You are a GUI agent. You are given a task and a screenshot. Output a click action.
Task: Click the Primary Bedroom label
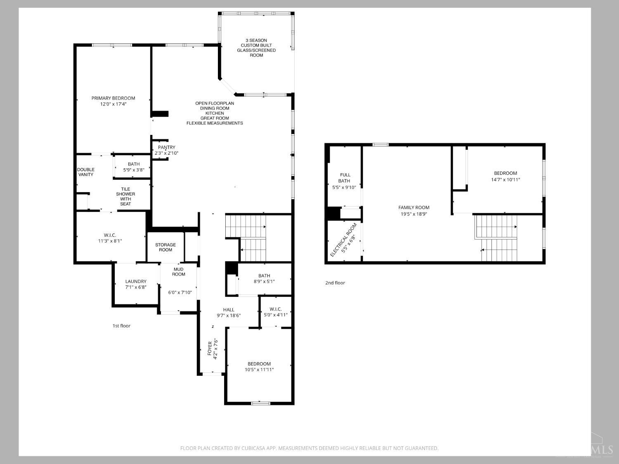[113, 98]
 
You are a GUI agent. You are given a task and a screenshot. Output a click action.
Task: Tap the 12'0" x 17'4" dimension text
[113, 104]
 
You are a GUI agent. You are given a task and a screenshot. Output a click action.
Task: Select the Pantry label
[166, 147]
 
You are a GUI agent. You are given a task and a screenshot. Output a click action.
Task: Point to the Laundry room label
[136, 281]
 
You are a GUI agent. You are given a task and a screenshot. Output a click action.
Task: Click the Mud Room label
[179, 271]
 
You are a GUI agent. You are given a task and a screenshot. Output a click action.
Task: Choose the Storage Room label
[165, 247]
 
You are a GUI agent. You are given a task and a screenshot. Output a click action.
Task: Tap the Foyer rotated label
[210, 349]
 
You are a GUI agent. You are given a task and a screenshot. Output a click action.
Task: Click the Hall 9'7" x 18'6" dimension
[229, 316]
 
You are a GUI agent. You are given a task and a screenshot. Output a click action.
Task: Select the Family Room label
[414, 207]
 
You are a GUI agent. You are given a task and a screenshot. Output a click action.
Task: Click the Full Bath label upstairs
[345, 178]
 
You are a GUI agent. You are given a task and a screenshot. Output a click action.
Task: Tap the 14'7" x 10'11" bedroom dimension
[506, 179]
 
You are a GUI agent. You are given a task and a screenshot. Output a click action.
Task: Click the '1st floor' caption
[121, 326]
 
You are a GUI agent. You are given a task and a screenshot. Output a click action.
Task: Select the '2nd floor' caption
[335, 283]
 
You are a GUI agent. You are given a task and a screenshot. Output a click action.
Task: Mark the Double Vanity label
[86, 172]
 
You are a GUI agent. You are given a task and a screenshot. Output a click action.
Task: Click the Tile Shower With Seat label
[125, 196]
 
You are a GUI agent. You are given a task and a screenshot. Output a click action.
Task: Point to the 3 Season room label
[256, 47]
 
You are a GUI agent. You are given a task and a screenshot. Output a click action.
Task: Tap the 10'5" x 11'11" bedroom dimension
[259, 370]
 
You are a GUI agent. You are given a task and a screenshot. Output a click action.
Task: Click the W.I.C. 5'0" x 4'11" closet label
[276, 312]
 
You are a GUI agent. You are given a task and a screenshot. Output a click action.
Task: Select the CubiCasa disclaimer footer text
[309, 448]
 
